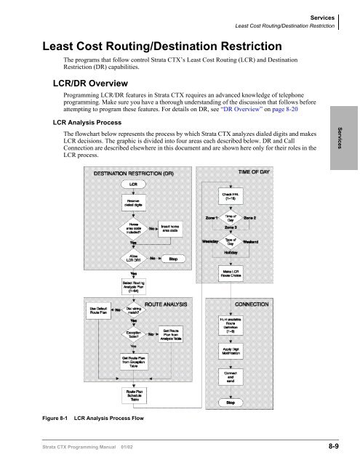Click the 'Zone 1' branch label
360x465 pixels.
pyautogui.click(x=211, y=217)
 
